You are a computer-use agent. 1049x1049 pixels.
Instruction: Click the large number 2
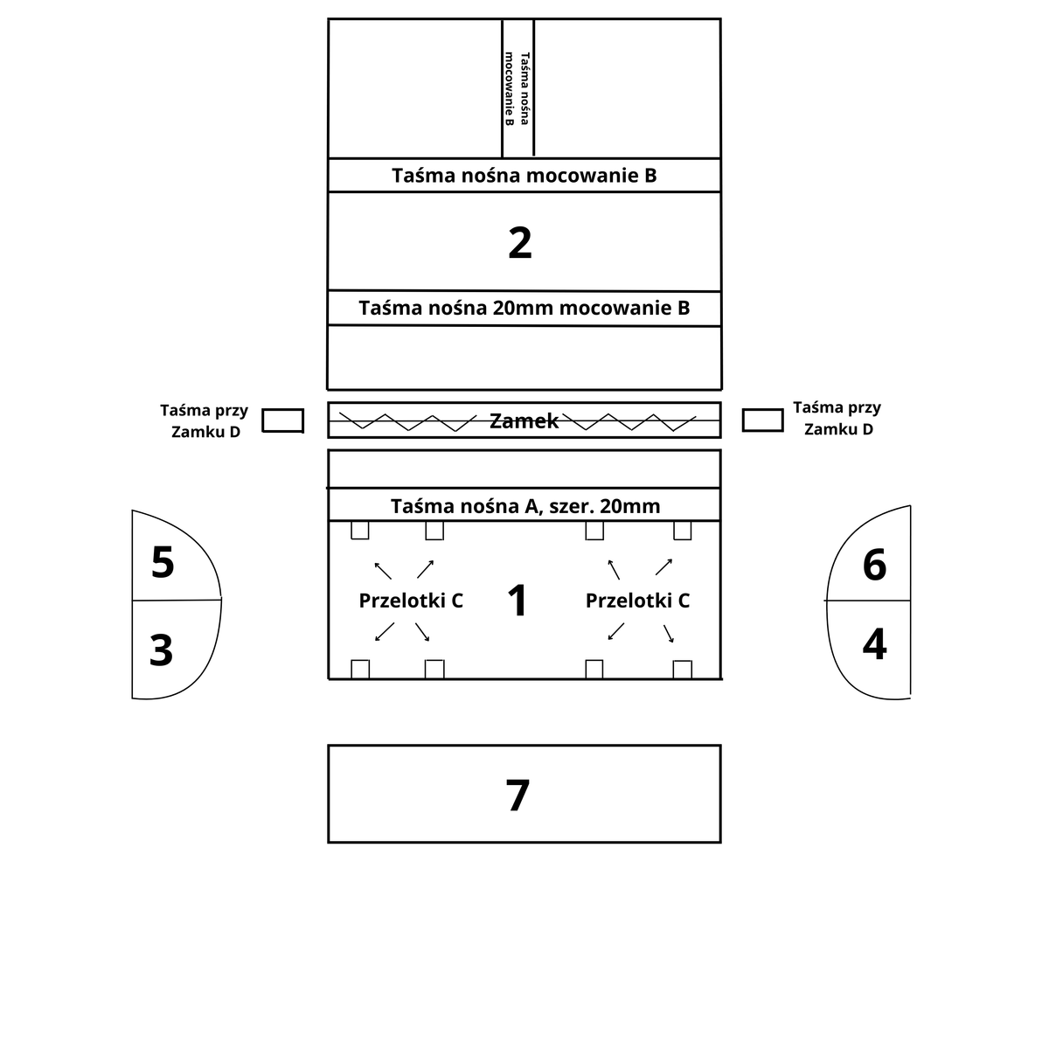tap(519, 243)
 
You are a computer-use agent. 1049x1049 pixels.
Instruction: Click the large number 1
tap(517, 600)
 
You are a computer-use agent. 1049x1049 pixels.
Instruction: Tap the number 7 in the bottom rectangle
tap(518, 795)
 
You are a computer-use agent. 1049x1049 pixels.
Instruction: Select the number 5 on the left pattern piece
tap(163, 561)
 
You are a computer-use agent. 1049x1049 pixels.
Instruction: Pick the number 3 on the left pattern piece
tap(161, 650)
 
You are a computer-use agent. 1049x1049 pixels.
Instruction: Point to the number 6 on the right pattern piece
tap(874, 565)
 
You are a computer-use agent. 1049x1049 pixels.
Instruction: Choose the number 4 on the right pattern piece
tap(874, 644)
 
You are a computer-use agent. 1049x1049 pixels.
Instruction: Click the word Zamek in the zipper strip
tap(524, 420)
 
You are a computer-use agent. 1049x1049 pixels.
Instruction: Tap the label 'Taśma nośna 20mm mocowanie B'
tap(524, 308)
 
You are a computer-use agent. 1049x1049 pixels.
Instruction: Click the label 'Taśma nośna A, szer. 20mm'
tap(525, 506)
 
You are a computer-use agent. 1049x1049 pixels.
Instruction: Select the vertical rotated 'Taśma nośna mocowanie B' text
tap(518, 89)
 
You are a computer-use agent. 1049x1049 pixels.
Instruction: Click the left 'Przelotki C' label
tap(411, 601)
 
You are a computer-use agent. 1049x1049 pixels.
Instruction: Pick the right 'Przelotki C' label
tap(637, 601)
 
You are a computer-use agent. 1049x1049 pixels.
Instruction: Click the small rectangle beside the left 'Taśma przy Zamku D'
tap(282, 420)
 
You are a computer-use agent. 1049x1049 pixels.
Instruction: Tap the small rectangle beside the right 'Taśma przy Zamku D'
tap(762, 420)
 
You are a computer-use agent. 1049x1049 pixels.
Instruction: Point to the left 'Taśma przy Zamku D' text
tap(205, 420)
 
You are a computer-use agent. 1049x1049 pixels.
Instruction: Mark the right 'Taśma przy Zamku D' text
tap(837, 418)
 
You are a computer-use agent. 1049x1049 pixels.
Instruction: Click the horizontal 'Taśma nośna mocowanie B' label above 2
tap(524, 176)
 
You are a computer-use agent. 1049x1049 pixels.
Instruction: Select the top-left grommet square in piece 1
tap(360, 531)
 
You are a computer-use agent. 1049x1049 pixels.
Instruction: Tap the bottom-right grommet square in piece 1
tap(682, 670)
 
